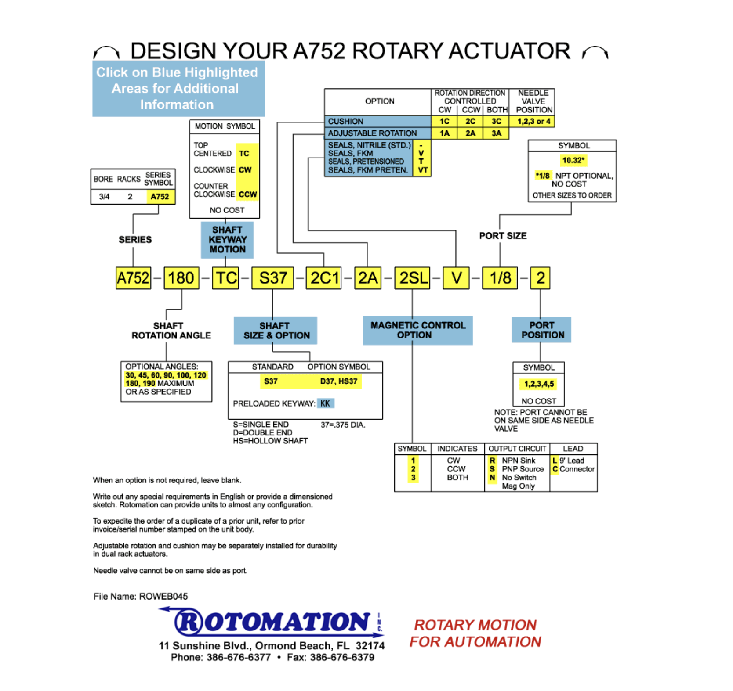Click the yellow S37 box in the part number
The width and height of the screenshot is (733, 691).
pyautogui.click(x=272, y=278)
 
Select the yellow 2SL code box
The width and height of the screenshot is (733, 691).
pyautogui.click(x=412, y=278)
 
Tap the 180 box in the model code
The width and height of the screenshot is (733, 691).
pyautogui.click(x=181, y=278)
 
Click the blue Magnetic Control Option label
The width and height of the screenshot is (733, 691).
pyautogui.click(x=417, y=330)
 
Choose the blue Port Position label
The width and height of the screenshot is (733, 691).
pyautogui.click(x=541, y=330)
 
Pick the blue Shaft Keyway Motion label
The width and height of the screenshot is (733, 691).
pyautogui.click(x=227, y=240)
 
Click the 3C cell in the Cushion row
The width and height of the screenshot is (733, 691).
pyautogui.click(x=496, y=122)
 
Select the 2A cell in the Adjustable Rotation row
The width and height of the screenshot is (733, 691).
pyautogui.click(x=470, y=133)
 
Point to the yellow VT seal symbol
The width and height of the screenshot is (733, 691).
pyautogui.click(x=422, y=170)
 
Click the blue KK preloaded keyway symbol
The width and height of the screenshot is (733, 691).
pyautogui.click(x=325, y=403)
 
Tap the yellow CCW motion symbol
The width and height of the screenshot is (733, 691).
pyautogui.click(x=248, y=194)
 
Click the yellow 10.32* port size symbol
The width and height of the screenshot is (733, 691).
pyautogui.click(x=573, y=160)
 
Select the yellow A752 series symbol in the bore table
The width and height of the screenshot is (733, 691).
pyautogui.click(x=160, y=197)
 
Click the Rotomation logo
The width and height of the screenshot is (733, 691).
pyautogui.click(x=272, y=622)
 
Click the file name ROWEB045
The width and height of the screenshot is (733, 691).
pyautogui.click(x=163, y=596)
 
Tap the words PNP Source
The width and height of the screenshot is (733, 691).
pyautogui.click(x=523, y=469)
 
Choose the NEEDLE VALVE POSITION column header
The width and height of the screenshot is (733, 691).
pyautogui.click(x=533, y=101)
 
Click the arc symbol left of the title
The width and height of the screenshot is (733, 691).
pyautogui.click(x=106, y=52)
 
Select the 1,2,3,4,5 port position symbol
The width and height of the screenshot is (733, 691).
pyautogui.click(x=539, y=384)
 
